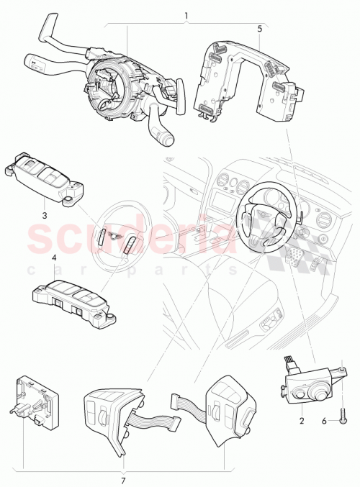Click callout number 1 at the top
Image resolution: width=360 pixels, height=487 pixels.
[x=186, y=15]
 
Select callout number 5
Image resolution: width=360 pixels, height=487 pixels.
[x=259, y=29]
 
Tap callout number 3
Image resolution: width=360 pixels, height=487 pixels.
[x=43, y=214]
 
